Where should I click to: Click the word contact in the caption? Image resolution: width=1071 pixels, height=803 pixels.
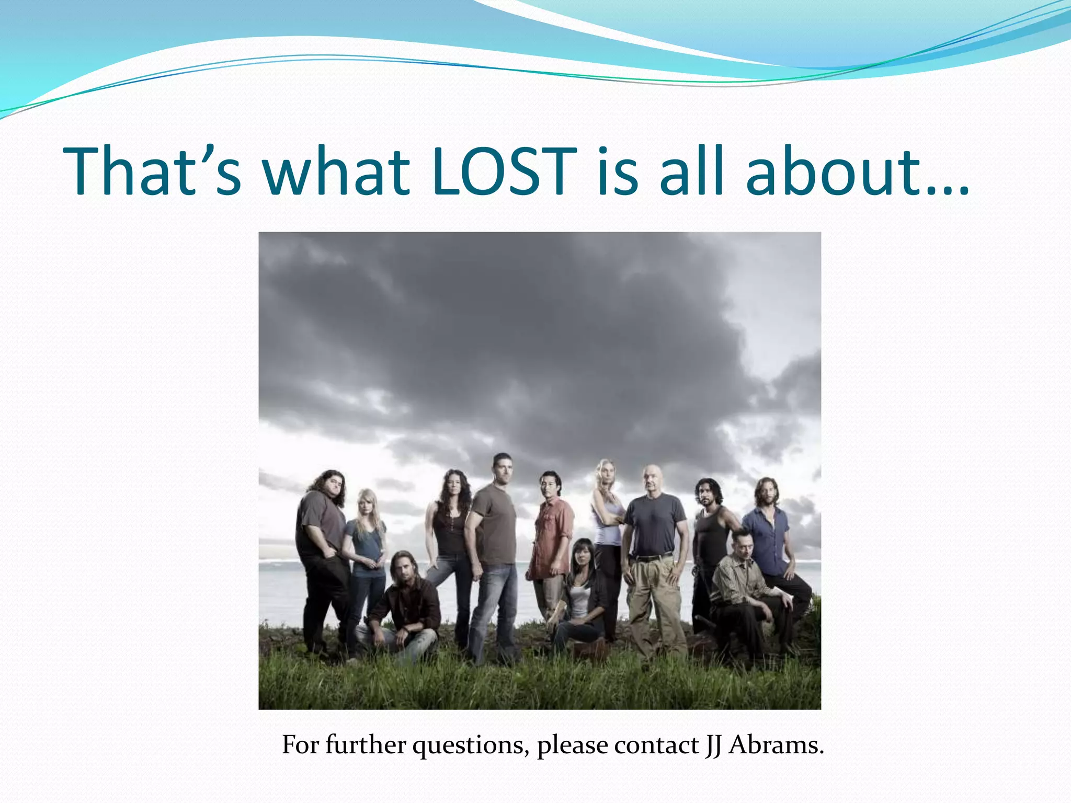point(657,744)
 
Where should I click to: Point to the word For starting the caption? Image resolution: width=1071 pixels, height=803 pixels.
point(300,744)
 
